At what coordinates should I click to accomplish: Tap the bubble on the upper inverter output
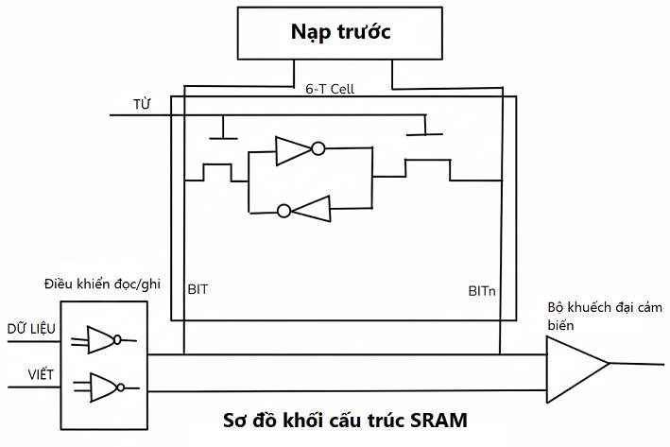tap(318, 148)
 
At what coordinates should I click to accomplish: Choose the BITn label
tap(482, 290)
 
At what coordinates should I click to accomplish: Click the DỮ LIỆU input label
tap(31, 328)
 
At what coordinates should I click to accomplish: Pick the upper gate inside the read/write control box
tap(101, 340)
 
